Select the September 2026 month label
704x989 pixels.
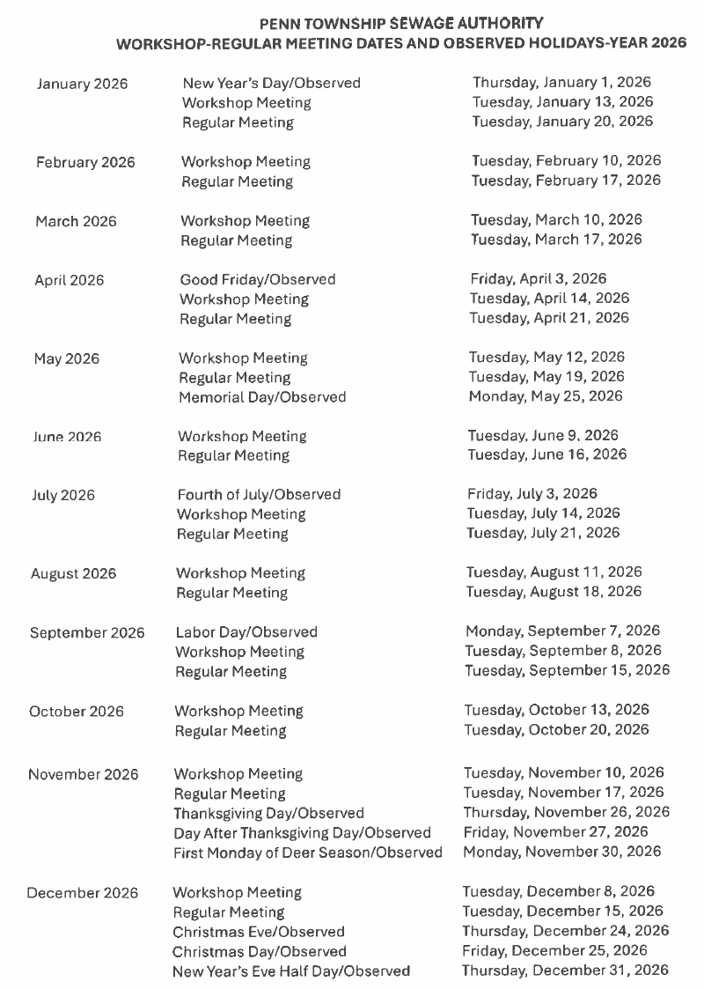pos(87,633)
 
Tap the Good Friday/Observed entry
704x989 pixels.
pos(258,279)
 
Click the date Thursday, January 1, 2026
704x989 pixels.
pos(561,83)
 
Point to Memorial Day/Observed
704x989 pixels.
pos(262,397)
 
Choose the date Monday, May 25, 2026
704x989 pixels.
pos(546,396)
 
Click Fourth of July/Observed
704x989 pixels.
pos(259,495)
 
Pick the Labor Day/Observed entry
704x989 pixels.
pos(246,632)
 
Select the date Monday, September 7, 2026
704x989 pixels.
pos(562,631)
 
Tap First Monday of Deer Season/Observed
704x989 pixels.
pos(307,852)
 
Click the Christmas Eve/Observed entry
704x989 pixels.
pos(259,932)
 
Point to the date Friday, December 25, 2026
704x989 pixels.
pos(554,951)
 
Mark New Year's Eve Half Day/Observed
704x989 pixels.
pos(291,971)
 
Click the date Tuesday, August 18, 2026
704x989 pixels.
pos(554,592)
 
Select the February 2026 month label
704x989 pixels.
pos(85,162)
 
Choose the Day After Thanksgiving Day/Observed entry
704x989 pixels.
pos(302,833)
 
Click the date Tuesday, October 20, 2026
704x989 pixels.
pos(556,730)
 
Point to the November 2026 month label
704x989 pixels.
pos(84,775)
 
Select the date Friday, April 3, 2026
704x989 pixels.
pos(538,279)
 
